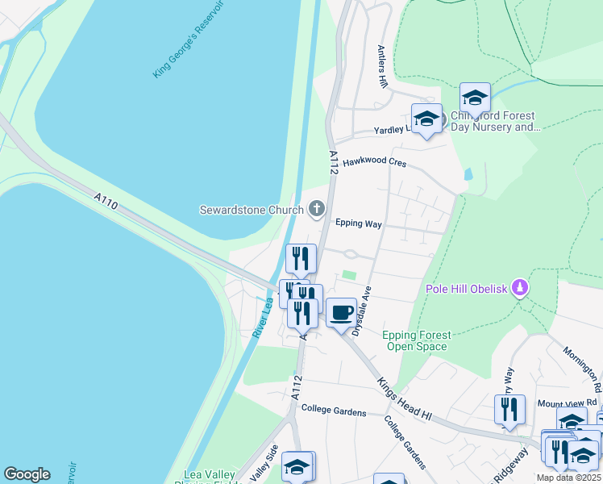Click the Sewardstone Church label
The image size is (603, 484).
pos(252,210)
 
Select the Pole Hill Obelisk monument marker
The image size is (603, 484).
pos(521,288)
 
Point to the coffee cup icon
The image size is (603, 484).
pos(341,311)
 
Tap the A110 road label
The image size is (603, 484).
pos(106,201)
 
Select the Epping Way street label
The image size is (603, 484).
pos(358,223)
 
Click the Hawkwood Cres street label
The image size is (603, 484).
pos(374,162)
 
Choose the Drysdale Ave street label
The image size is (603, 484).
pos(360,310)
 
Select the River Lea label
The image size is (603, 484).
pos(260,316)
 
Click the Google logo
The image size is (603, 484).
pos(27,474)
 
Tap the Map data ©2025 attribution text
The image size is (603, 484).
pos(568,478)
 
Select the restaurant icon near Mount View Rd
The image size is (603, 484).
pos(509,410)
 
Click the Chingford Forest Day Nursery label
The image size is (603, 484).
pos(493,121)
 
